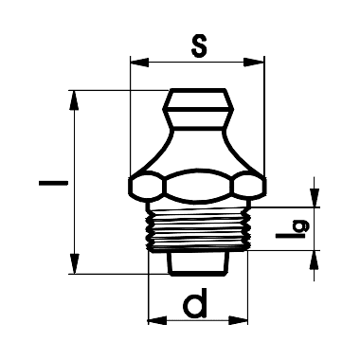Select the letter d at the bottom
[x=195, y=305]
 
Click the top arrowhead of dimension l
[x=74, y=99]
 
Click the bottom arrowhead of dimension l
[x=74, y=266]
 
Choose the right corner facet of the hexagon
[x=253, y=187]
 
